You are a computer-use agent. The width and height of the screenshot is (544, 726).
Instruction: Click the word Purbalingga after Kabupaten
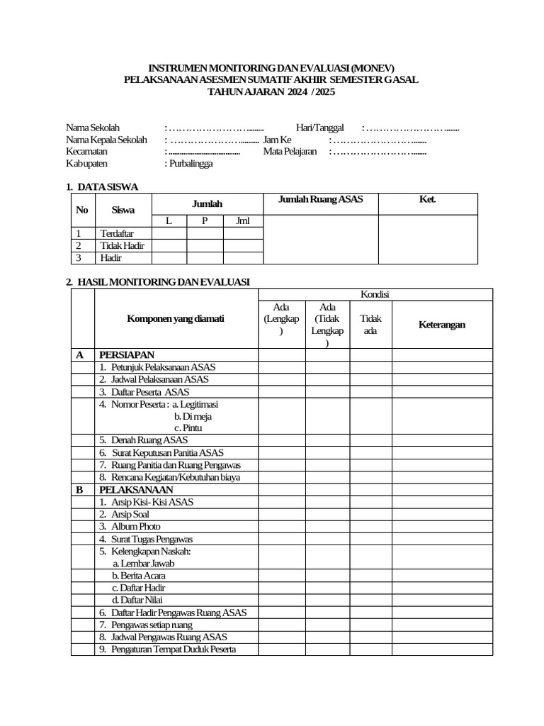(x=190, y=163)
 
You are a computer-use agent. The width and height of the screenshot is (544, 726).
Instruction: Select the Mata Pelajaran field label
(x=290, y=151)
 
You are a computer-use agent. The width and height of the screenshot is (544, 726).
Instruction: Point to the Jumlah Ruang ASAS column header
(x=320, y=199)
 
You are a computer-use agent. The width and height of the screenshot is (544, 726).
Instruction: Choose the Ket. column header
(x=427, y=199)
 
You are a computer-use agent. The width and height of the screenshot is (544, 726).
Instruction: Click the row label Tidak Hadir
(x=122, y=245)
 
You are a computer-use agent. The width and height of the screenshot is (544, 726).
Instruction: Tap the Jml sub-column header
(x=243, y=220)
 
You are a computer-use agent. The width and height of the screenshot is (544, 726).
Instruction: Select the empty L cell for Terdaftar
(x=169, y=233)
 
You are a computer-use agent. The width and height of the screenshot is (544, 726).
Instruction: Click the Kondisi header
(x=375, y=294)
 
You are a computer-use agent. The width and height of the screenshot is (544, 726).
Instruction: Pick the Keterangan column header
(x=441, y=324)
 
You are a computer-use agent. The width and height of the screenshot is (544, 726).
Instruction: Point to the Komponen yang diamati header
(x=175, y=319)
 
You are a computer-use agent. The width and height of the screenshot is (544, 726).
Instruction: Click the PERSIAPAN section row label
(x=127, y=354)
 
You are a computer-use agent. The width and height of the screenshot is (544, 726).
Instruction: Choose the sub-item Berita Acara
(x=139, y=576)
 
